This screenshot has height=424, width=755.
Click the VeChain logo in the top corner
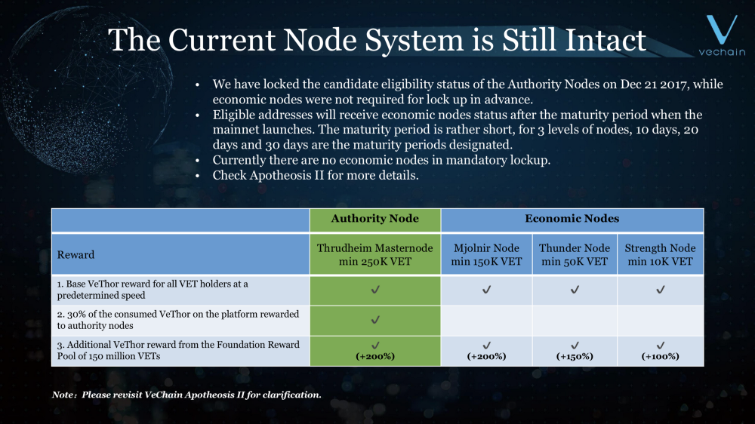722,35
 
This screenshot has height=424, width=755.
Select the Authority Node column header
374,219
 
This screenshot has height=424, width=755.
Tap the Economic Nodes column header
572,219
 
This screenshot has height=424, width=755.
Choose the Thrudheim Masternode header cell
374,254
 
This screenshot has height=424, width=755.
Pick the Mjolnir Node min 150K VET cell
486,254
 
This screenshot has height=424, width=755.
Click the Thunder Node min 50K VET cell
575,254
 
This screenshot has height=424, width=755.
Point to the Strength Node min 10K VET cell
660,254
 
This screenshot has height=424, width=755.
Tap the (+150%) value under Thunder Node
575,357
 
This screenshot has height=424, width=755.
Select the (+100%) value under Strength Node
660,357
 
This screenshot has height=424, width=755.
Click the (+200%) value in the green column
375,357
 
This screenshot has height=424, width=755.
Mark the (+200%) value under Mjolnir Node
486,357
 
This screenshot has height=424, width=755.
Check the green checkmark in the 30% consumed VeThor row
375,320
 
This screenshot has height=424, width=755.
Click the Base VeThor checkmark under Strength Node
660,289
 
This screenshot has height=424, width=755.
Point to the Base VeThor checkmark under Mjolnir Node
486,289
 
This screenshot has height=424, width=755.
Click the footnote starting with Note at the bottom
186,395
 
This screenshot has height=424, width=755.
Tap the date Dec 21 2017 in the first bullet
653,84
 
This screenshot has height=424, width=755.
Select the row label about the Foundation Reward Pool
178,350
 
